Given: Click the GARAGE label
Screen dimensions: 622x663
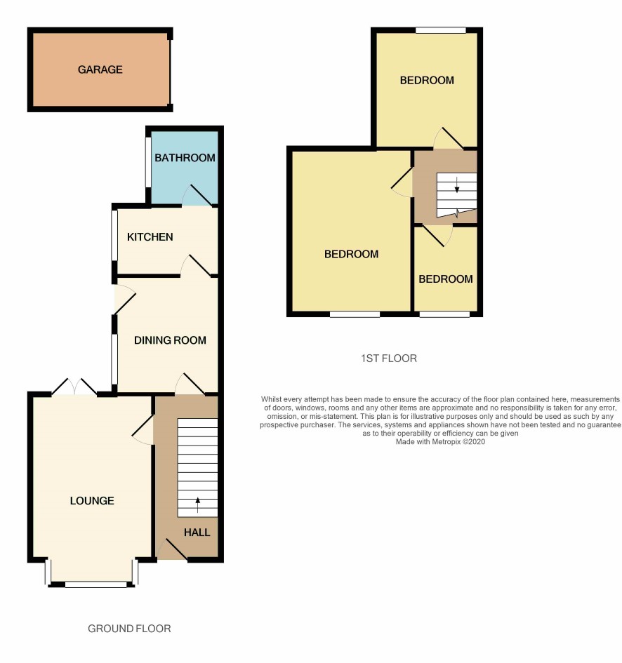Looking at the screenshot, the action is (100, 69).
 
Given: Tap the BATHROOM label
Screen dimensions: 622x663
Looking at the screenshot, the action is (185, 158).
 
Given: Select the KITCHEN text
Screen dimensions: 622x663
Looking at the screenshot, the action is (150, 237).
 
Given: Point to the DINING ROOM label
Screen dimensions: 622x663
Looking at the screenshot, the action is (170, 340).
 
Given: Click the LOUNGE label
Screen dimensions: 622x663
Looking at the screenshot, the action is (92, 501).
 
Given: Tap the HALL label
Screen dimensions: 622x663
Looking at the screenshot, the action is (197, 533).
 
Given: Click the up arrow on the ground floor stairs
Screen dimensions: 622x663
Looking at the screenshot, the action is (197, 505).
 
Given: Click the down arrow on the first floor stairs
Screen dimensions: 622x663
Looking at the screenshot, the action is (457, 185).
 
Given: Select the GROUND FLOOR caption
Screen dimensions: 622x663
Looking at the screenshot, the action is (129, 629).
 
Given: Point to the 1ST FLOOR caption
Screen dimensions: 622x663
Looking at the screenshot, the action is (389, 359).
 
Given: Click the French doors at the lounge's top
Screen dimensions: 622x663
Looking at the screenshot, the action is (74, 387).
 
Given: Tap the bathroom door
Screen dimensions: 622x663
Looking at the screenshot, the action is (197, 195).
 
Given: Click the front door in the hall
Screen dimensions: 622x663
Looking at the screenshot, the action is (172, 549).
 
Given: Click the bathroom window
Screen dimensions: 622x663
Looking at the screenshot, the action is (149, 162).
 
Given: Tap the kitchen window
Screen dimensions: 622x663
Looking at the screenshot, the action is (114, 236).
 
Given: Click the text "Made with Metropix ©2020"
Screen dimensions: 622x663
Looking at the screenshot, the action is (440, 442).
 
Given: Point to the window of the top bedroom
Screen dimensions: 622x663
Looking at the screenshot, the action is (440, 30).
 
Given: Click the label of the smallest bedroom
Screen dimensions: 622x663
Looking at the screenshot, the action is (446, 279).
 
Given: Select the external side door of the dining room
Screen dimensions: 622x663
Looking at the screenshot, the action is (125, 300).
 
